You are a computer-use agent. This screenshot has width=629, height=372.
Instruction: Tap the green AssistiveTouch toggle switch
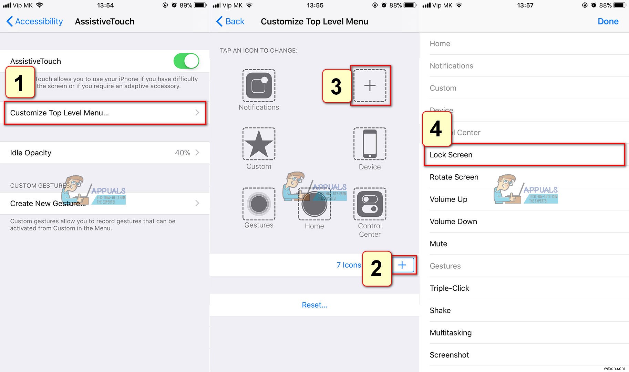[x=186, y=61]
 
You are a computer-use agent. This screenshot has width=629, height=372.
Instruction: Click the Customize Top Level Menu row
[x=105, y=113]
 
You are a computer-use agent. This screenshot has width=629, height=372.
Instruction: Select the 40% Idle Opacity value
[x=183, y=153]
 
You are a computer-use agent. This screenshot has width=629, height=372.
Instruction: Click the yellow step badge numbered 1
[x=20, y=83]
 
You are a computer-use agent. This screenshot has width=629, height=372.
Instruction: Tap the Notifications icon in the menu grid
[x=259, y=86]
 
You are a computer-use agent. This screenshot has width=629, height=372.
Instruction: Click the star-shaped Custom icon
[x=259, y=144]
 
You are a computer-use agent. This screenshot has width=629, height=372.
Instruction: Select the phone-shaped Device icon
[x=370, y=144]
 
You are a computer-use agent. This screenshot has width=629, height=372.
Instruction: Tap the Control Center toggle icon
[x=370, y=204]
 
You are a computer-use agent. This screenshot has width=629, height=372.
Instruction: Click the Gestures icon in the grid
[x=259, y=204]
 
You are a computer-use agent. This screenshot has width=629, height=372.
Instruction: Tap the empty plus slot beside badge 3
[x=370, y=85]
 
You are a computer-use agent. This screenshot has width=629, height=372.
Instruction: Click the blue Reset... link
[x=314, y=305]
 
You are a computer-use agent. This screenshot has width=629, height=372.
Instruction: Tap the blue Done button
[x=608, y=21]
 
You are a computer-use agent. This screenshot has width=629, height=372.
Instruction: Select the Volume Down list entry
[x=453, y=221]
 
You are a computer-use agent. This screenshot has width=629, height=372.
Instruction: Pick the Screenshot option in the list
[x=449, y=355]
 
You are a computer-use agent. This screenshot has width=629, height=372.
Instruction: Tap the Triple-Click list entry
[x=449, y=288]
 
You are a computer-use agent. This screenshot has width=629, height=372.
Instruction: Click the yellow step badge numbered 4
[x=436, y=128]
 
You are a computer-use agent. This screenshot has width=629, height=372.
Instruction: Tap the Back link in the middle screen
[x=230, y=21]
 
